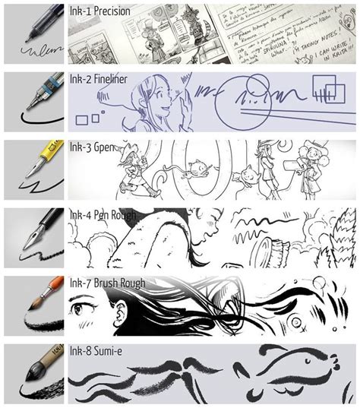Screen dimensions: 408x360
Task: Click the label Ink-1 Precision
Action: (99, 11)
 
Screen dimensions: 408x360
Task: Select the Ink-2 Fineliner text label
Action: (98, 78)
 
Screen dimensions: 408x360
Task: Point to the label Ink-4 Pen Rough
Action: (103, 216)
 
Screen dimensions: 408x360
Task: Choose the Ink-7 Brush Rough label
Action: (106, 284)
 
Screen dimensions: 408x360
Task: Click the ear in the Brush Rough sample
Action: (119, 311)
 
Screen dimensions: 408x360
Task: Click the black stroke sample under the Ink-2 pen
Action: (34, 119)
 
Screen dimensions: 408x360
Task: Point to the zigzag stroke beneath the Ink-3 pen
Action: (34, 185)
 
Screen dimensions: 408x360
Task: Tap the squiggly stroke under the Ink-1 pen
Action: (34, 52)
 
